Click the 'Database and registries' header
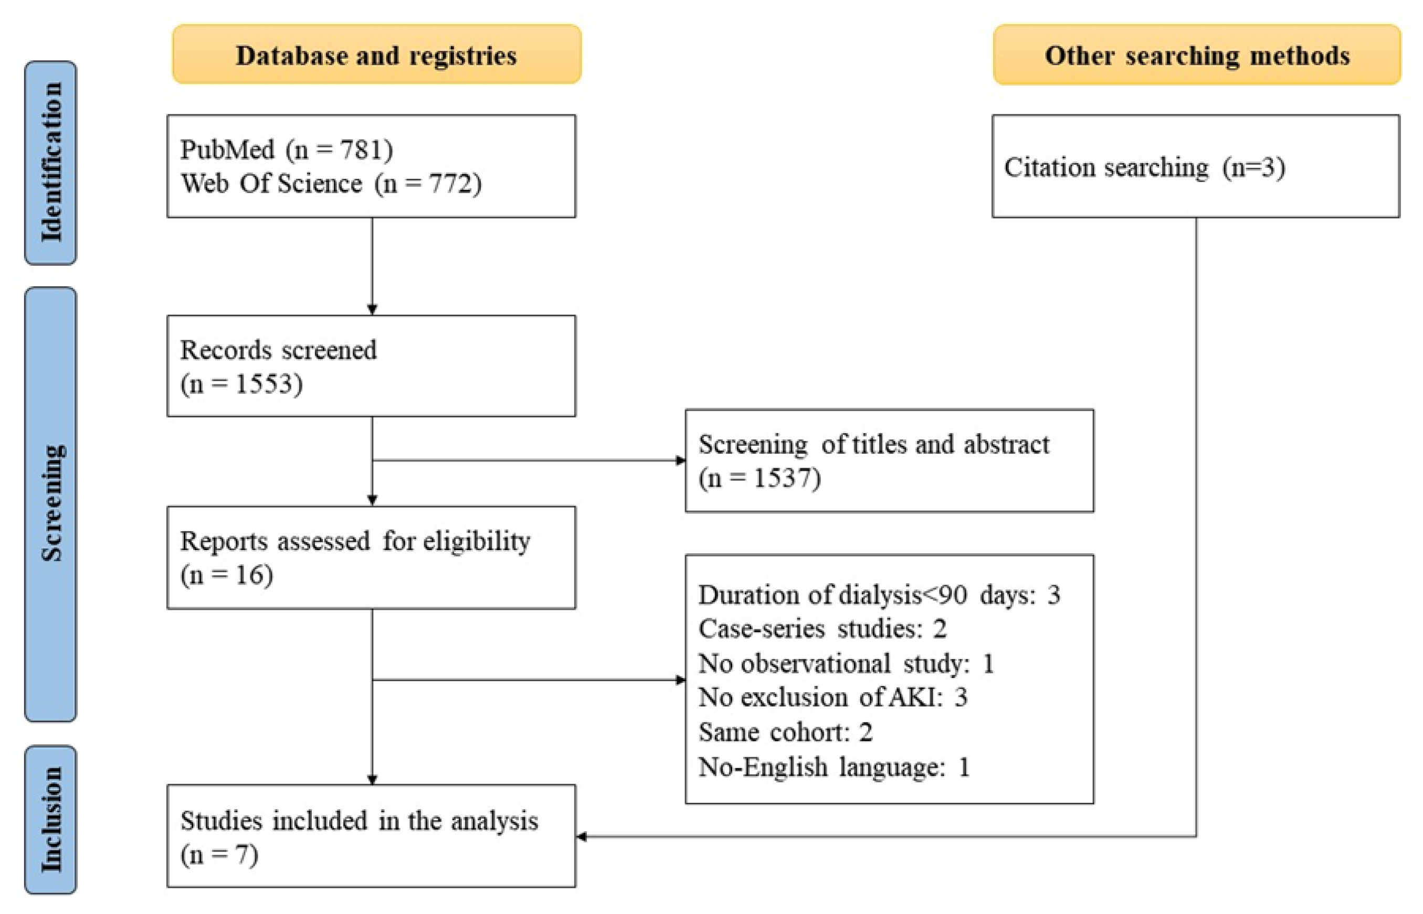[x=376, y=55]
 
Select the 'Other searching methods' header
[x=1196, y=55]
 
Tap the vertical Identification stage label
[x=50, y=163]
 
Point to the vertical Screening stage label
[x=50, y=504]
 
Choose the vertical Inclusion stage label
[x=50, y=820]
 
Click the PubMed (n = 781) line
[x=286, y=149]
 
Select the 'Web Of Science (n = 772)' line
[x=331, y=184]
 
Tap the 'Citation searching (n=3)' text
[x=1144, y=167]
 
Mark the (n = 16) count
[x=226, y=575]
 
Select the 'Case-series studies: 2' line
[x=822, y=629]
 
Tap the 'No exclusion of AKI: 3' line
[x=832, y=697]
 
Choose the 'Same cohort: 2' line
[x=785, y=732]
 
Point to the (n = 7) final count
[x=219, y=855]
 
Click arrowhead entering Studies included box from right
[x=582, y=836]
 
